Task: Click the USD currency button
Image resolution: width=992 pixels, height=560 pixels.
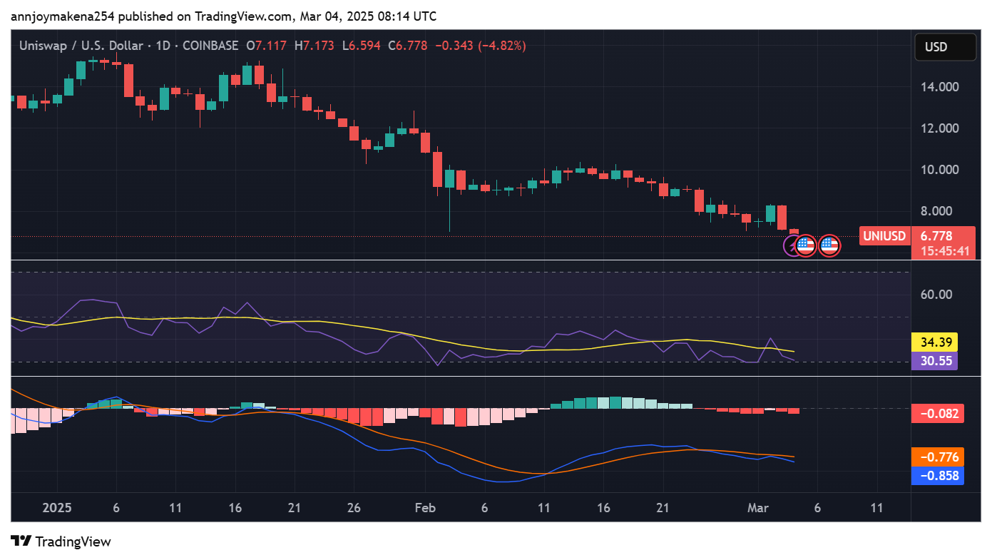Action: (945, 47)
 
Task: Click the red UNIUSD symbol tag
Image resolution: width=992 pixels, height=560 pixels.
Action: (884, 236)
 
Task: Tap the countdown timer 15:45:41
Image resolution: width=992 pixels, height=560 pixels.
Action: (944, 251)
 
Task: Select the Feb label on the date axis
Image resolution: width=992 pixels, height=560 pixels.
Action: (425, 508)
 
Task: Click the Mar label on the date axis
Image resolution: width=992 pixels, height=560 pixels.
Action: (757, 508)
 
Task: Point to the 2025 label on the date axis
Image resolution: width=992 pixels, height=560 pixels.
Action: (57, 508)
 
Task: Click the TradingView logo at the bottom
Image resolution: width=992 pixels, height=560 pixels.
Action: (61, 541)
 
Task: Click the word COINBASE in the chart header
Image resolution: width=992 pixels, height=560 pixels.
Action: (210, 46)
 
